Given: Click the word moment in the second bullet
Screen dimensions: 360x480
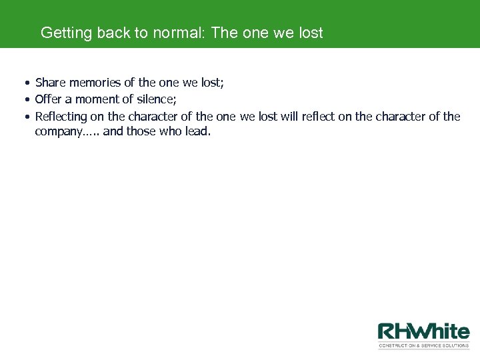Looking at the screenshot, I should (97, 99).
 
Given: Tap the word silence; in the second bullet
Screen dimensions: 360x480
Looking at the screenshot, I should (156, 99).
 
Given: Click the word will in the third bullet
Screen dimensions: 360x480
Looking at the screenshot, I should (288, 117).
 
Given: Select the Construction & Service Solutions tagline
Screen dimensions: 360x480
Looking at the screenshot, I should (424, 345).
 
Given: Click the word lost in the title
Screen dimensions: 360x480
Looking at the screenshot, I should (311, 33).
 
